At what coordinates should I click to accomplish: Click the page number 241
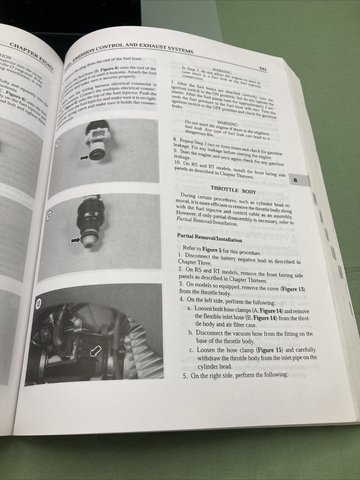pos(263,69)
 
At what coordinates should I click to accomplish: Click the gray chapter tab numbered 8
pos(296,180)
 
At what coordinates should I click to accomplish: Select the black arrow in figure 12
pos(75,240)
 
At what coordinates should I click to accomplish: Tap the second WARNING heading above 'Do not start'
pos(227,124)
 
